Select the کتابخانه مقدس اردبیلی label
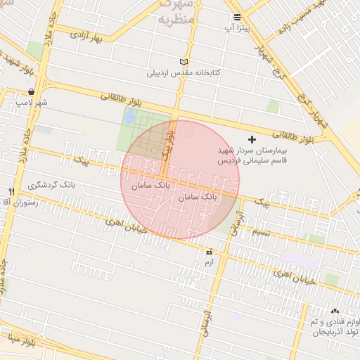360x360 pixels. point(184,72)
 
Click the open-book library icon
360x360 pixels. point(184,62)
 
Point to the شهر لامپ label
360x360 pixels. point(32,103)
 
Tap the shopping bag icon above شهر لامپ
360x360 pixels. point(32,92)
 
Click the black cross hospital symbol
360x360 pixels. point(252,140)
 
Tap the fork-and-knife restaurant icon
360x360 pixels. point(11,191)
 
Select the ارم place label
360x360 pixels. point(208,262)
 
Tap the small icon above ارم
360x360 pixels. point(209,252)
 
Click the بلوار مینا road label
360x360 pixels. point(23,343)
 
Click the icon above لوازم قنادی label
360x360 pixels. point(334,310)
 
